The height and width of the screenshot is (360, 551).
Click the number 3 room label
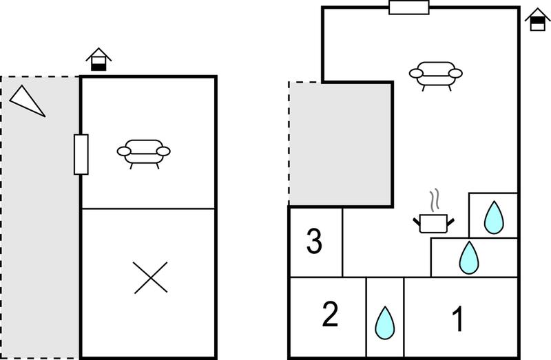(x=314, y=241)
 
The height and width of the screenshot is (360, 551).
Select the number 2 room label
(x=330, y=315)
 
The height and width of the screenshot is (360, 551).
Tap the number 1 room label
(x=457, y=319)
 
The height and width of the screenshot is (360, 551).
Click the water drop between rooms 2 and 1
(x=385, y=323)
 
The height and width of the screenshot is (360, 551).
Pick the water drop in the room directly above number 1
(x=469, y=258)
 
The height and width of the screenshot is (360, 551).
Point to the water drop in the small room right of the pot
(x=494, y=218)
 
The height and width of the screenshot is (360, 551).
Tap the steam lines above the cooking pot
(x=435, y=200)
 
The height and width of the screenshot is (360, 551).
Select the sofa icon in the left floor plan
(x=144, y=154)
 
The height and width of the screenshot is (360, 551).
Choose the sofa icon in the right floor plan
(x=436, y=76)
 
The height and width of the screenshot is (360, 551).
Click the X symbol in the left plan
(x=151, y=277)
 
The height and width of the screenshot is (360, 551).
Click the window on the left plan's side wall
(x=81, y=154)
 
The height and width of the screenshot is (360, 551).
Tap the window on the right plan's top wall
(x=409, y=8)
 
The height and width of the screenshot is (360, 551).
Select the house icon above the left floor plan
(x=98, y=59)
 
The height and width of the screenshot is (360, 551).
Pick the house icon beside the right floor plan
(x=538, y=20)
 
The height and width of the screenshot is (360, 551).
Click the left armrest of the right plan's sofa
(x=416, y=74)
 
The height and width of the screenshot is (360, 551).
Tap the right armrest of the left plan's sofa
(x=163, y=151)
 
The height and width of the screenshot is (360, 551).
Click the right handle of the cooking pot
(x=450, y=222)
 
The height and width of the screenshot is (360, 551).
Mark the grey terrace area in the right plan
(x=340, y=144)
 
